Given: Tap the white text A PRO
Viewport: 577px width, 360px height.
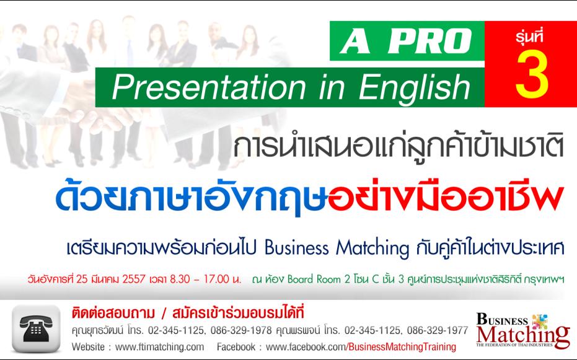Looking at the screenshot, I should [408, 42].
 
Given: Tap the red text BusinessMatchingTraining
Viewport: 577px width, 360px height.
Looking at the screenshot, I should [401, 346].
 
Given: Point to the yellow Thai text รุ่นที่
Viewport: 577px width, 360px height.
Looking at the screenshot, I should [531, 38].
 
